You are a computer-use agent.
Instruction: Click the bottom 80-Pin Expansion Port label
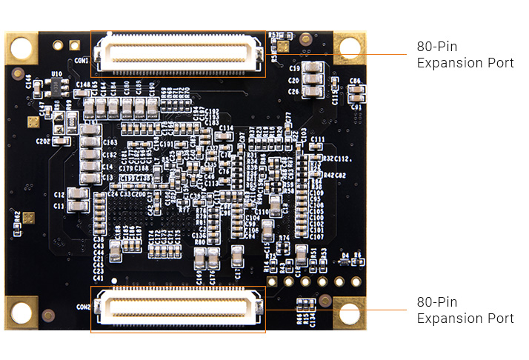pos(465,310)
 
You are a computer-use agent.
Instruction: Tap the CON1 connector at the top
pos(178,53)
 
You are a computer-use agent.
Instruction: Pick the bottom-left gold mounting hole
pos(22,313)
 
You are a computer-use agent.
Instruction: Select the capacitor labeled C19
pos(314,68)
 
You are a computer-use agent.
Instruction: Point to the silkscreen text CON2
pos(82,305)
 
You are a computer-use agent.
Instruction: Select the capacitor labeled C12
pos(77,194)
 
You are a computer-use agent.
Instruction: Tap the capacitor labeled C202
pos(61,140)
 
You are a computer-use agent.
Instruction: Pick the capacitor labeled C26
pos(314,91)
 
